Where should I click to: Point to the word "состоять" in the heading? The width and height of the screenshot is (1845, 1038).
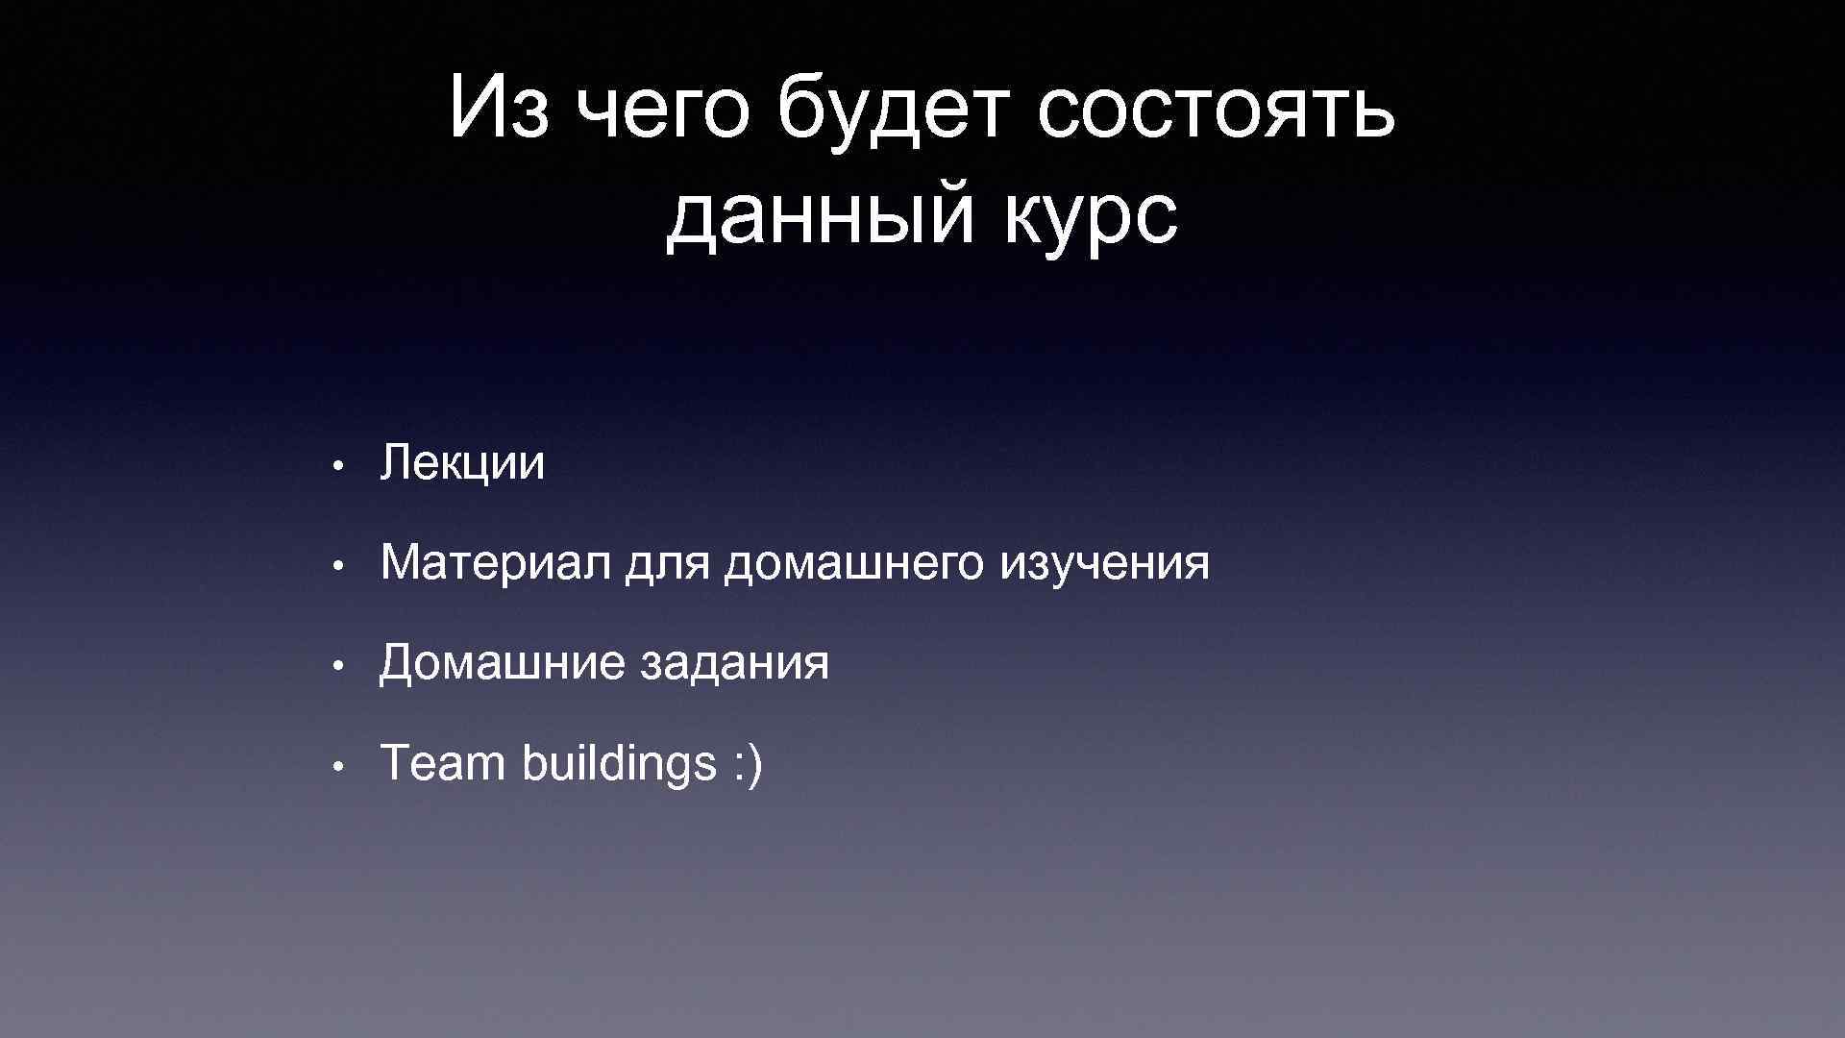click(x=1216, y=111)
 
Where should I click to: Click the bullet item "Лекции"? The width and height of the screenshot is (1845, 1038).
click(x=462, y=464)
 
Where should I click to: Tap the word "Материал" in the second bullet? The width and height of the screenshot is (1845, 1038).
click(x=495, y=563)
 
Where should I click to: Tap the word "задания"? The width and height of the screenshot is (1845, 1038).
click(x=733, y=665)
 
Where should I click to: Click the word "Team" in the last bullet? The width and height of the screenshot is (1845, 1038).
click(x=443, y=764)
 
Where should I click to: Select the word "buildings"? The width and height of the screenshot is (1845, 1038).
click(x=620, y=766)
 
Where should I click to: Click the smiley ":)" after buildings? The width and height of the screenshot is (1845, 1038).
click(x=748, y=766)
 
